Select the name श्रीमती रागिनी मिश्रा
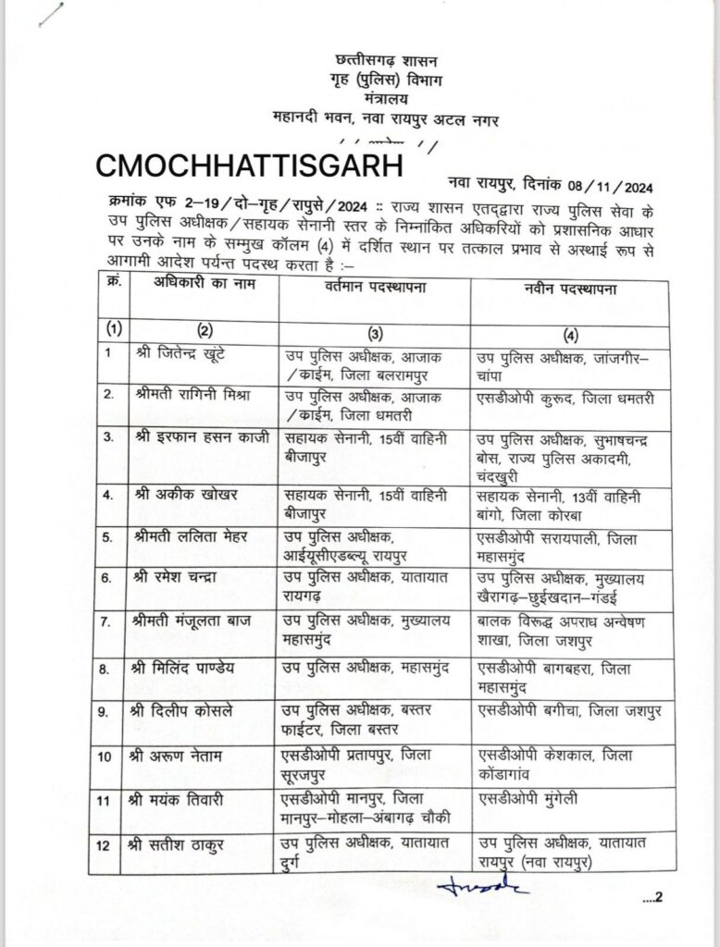click(191, 395)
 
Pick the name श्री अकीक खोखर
click(184, 494)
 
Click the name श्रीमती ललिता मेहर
click(188, 537)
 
